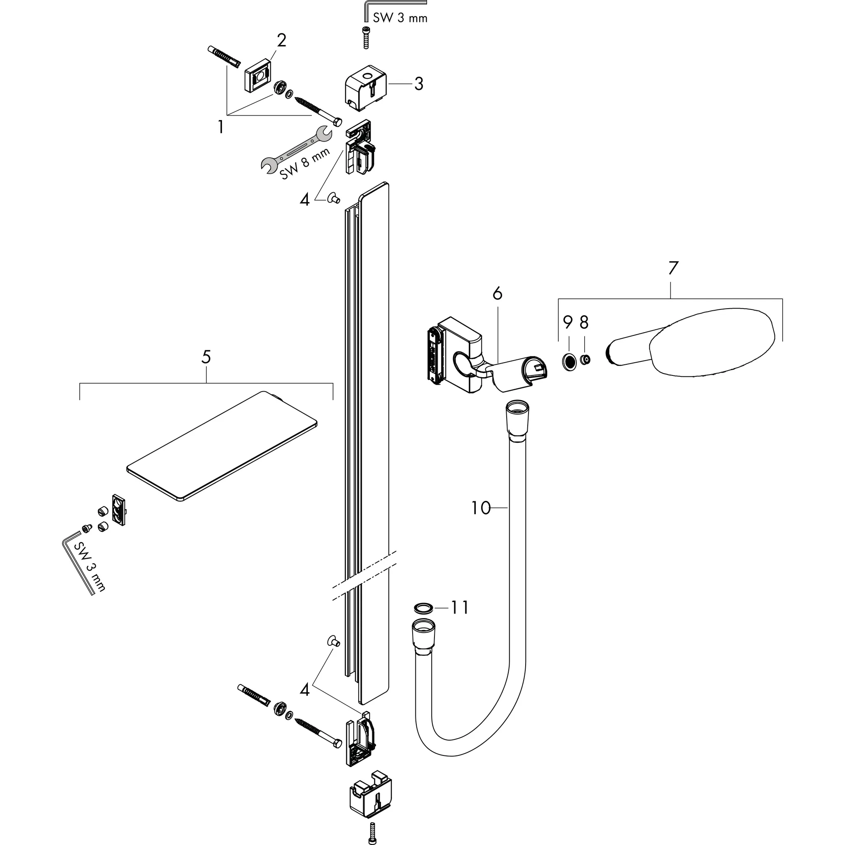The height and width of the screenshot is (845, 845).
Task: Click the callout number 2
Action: pyautogui.click(x=281, y=41)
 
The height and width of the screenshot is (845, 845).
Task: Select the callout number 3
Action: pyautogui.click(x=418, y=83)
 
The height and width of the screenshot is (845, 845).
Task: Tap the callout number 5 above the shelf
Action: pyautogui.click(x=206, y=357)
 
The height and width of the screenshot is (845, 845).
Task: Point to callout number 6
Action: pyautogui.click(x=497, y=293)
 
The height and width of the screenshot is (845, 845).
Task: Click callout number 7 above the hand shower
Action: pyautogui.click(x=673, y=268)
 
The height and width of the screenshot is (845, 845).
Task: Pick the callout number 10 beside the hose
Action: pyautogui.click(x=481, y=508)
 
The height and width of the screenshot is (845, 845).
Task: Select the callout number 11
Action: pyautogui.click(x=460, y=607)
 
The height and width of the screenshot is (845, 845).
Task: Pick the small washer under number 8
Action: pyautogui.click(x=585, y=359)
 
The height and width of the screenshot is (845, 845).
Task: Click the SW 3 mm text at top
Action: pyautogui.click(x=400, y=18)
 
